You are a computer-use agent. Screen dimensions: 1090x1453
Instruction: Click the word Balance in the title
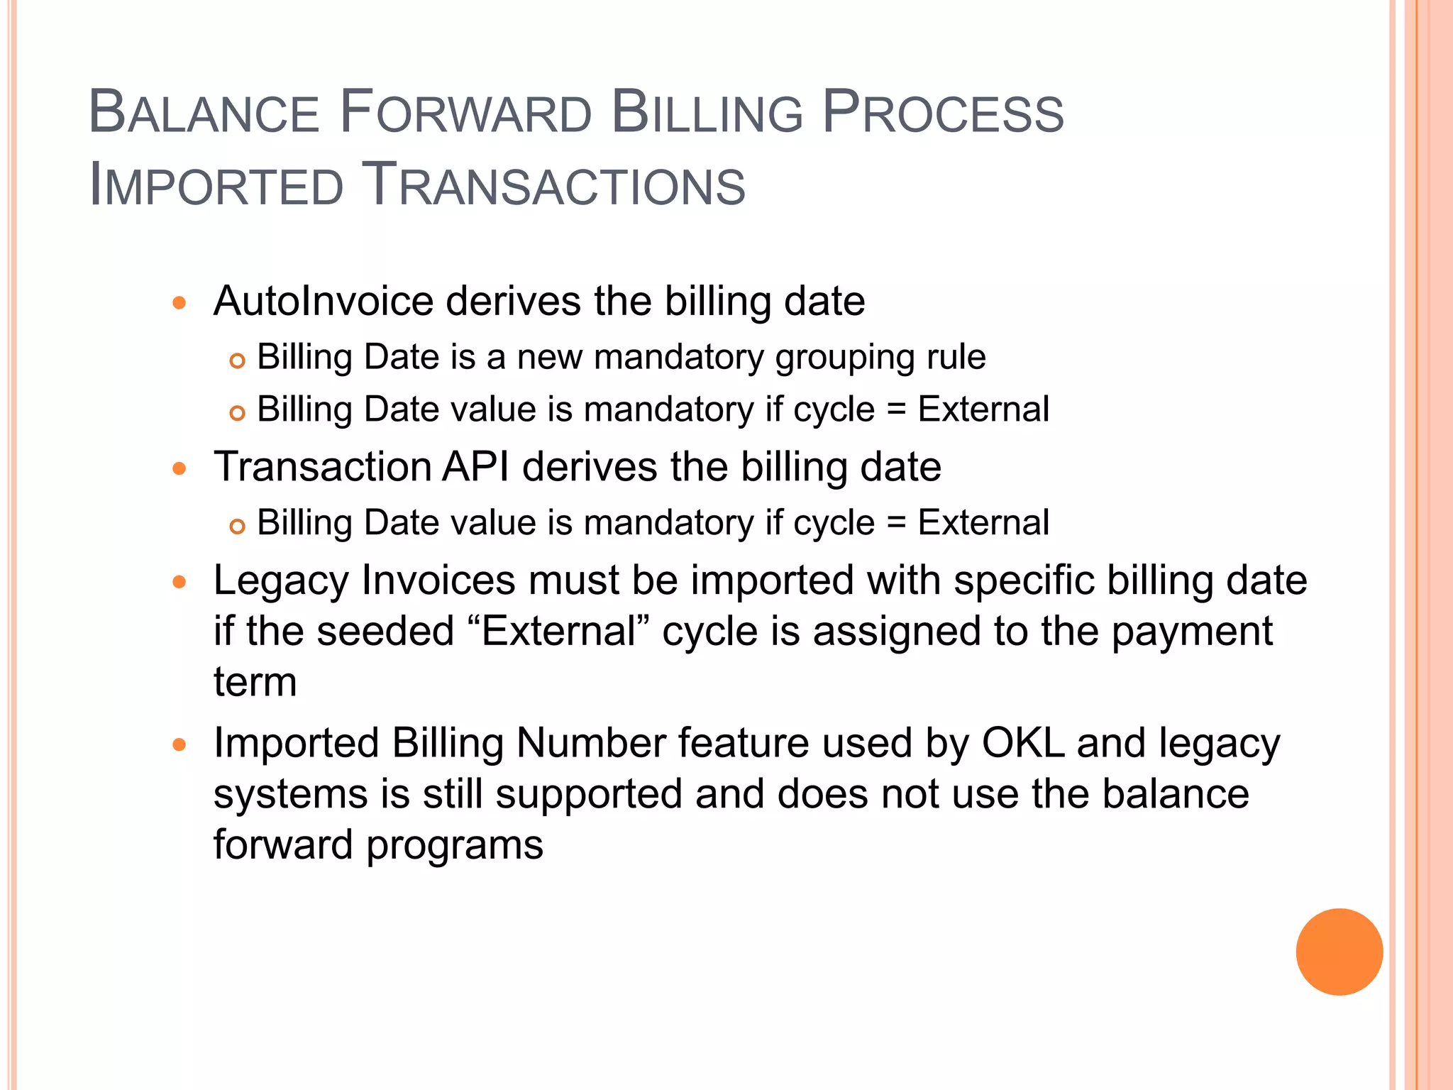click(204, 114)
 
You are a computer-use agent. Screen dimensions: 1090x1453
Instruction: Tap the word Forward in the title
click(465, 114)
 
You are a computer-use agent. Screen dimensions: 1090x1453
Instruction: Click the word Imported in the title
click(216, 186)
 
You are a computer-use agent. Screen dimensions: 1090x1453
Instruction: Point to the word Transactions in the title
click(553, 186)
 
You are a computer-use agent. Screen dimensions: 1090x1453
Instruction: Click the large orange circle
click(1339, 952)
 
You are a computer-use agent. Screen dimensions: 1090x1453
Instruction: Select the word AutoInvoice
click(324, 301)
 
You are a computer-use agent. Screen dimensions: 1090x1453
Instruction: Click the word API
click(475, 467)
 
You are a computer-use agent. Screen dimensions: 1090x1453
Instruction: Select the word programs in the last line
click(454, 845)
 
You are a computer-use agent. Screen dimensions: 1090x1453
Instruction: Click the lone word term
click(255, 682)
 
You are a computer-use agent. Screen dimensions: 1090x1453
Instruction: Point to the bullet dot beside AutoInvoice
click(179, 303)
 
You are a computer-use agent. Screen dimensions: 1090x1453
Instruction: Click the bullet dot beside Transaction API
click(179, 468)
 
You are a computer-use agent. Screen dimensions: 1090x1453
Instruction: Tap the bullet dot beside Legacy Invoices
click(179, 583)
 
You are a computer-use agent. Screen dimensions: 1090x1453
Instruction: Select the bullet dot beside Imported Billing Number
click(179, 745)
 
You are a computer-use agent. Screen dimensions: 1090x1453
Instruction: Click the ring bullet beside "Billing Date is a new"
click(238, 360)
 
